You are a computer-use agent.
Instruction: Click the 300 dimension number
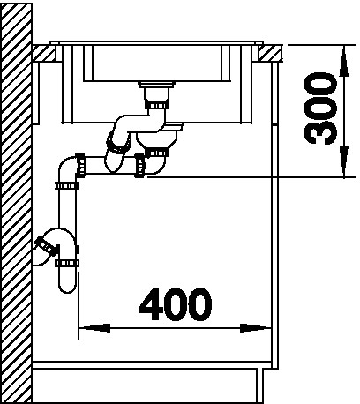point(320,108)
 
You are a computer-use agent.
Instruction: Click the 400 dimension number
point(176,304)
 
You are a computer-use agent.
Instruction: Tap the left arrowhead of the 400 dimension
point(94,328)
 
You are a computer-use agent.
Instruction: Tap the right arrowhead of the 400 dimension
point(255,328)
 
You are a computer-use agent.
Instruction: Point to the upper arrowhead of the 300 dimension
point(344,62)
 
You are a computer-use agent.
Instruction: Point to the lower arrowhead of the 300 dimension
point(344,161)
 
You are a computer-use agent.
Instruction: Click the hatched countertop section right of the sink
point(271,53)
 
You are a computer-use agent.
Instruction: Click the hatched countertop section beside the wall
point(44,53)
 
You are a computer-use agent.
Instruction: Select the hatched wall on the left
point(16,203)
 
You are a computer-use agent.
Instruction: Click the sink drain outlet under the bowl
point(157,90)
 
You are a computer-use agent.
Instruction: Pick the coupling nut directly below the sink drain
point(157,105)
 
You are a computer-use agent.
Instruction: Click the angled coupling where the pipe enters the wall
point(47,246)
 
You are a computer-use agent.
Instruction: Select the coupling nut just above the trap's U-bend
point(67,263)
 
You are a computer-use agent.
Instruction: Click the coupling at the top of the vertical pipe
point(67,185)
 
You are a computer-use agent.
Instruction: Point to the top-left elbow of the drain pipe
point(67,167)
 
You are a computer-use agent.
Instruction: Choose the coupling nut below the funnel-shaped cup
point(157,153)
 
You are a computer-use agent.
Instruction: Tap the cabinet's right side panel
point(274,214)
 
